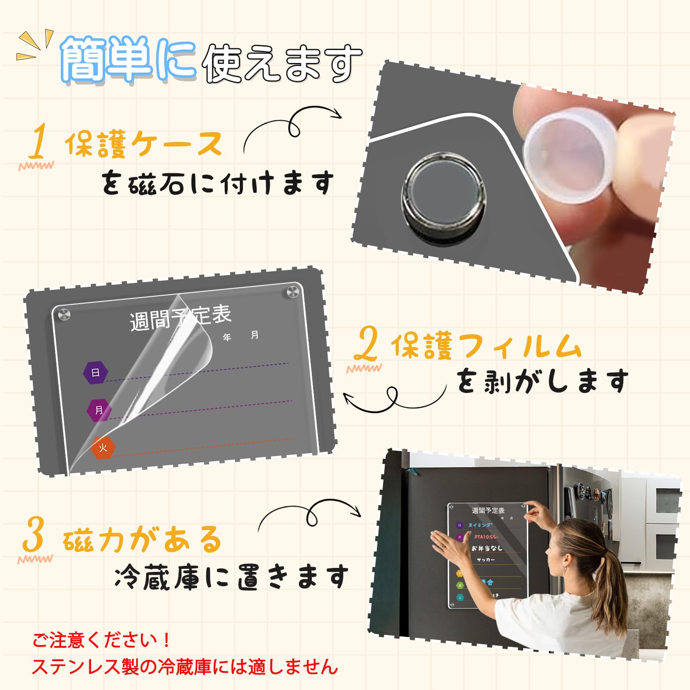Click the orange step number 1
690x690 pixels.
(x=38, y=141)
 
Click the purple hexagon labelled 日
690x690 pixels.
(x=95, y=372)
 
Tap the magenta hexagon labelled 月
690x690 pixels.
(x=99, y=410)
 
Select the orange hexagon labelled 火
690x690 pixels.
(x=103, y=447)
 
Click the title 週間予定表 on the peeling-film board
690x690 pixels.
(x=181, y=317)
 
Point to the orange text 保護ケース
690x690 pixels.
(x=144, y=144)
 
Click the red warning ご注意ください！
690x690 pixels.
(x=102, y=640)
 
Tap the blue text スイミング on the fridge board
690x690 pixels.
(x=480, y=525)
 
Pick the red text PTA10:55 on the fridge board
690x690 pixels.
(x=486, y=537)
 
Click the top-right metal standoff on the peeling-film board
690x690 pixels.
(x=293, y=292)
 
